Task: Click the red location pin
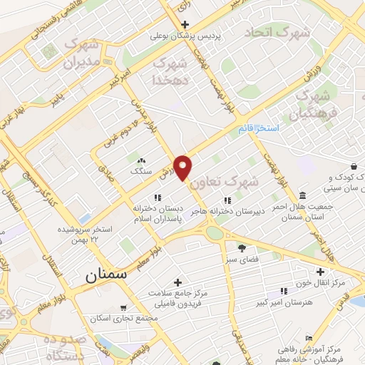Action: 184,167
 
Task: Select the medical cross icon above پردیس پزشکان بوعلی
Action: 185,24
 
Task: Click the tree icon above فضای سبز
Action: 242,248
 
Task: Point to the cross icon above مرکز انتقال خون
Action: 321,272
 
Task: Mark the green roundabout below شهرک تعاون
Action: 213,232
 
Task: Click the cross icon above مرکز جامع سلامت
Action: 178,282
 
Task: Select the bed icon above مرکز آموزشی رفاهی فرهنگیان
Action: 308,337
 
